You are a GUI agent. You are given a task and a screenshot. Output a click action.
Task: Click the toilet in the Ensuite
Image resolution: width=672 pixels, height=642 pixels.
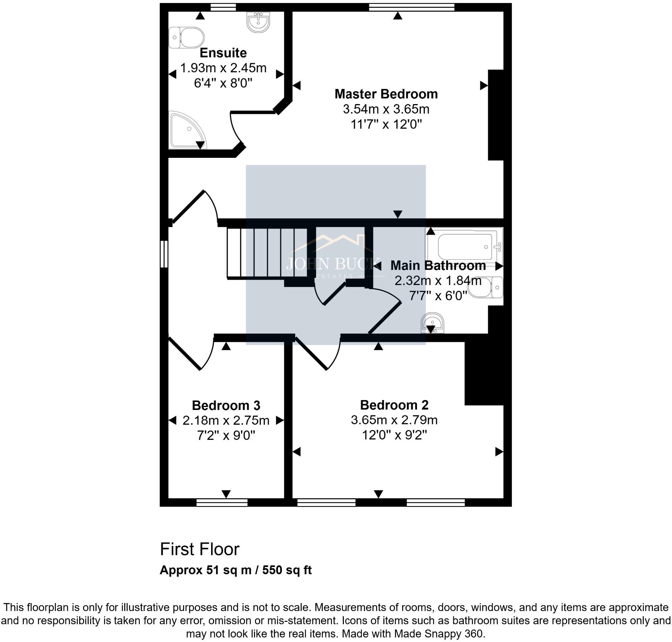pos(187,37)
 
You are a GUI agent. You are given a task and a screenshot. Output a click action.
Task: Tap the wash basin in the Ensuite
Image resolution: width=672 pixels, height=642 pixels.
pos(258,22)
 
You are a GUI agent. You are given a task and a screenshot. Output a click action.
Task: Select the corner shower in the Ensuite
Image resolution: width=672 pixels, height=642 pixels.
pos(185,131)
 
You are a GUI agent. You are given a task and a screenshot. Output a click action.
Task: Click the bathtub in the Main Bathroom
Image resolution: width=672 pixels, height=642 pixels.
pos(465,246)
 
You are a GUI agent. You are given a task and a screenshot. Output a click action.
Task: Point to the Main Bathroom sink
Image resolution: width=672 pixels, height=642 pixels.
pos(432,323)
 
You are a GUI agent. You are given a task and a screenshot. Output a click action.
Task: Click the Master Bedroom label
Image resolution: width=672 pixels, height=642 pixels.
pos(386,94)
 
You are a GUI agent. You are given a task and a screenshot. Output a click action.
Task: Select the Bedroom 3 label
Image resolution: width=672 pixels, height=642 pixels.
pos(226,405)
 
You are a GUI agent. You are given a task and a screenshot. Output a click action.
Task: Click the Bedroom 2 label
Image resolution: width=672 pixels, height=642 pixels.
pos(394,405)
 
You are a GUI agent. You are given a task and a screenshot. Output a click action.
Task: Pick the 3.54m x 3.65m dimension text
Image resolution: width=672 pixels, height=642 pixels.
pos(386,109)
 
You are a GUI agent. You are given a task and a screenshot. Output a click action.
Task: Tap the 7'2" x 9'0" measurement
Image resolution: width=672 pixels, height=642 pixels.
pos(226,436)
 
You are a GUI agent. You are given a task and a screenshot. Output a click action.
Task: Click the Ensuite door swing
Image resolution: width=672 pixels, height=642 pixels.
pos(236,131)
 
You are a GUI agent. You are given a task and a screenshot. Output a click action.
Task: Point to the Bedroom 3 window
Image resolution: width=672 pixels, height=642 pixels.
pos(222,502)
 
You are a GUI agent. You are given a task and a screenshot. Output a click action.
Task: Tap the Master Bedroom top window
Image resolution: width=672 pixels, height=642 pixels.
pos(411,7)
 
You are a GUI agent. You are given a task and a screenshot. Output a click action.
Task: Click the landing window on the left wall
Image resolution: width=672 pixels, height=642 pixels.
pos(164,254)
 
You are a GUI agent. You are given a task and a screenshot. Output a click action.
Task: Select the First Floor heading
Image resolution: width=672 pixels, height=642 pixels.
pos(199,549)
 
